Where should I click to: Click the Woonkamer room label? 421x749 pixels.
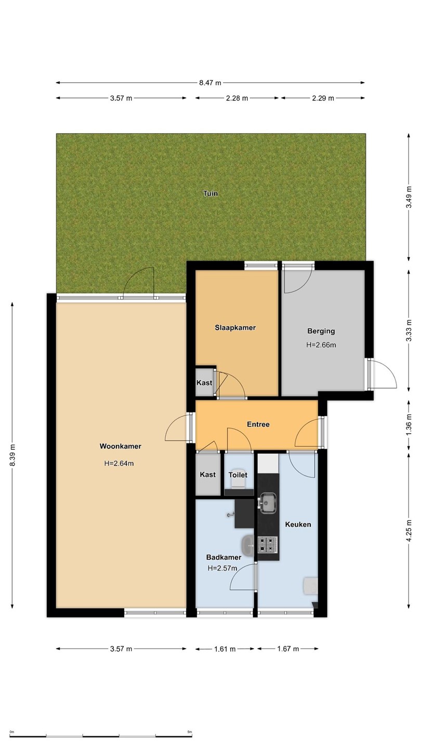click(x=120, y=446)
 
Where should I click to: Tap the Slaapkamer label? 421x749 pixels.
click(x=235, y=328)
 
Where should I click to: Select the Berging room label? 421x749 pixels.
click(x=321, y=331)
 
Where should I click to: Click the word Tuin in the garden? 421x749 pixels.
click(x=210, y=193)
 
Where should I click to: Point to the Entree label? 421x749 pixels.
click(x=258, y=424)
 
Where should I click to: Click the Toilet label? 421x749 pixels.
click(x=238, y=475)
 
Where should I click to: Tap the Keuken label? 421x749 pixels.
click(x=298, y=524)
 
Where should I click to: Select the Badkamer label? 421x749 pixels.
click(x=223, y=557)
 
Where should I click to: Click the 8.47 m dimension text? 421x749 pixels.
click(x=210, y=83)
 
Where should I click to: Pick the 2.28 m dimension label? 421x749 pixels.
click(x=237, y=98)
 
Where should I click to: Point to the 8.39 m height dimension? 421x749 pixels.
click(x=12, y=456)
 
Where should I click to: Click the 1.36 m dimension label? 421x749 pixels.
click(x=409, y=424)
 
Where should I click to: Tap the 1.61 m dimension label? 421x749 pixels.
click(x=225, y=649)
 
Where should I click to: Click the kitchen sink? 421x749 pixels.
click(x=268, y=503)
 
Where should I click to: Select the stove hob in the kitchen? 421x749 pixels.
click(x=267, y=545)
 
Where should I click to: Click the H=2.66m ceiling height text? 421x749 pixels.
click(x=321, y=345)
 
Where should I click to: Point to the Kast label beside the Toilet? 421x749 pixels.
click(x=207, y=474)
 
